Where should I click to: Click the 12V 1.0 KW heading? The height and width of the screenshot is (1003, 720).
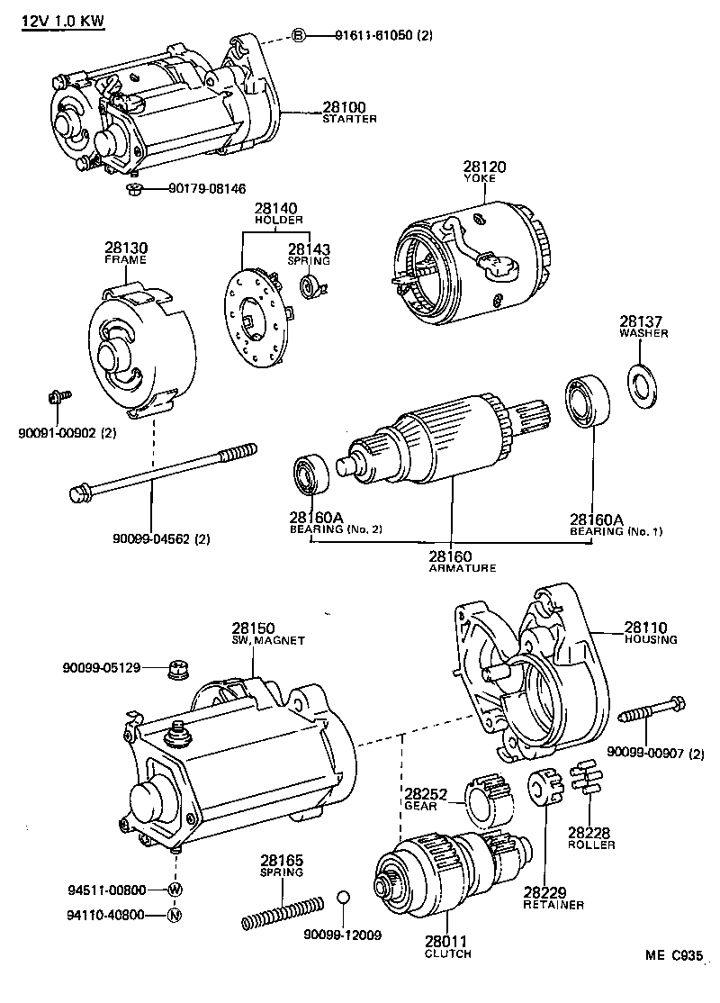point(63,21)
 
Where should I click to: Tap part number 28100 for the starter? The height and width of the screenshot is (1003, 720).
point(344,107)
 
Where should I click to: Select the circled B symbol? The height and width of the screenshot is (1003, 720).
point(300,35)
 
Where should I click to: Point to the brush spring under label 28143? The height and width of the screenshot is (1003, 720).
point(313,285)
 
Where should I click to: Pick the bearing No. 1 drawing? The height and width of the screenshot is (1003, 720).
point(587,403)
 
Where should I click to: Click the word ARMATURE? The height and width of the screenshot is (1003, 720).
point(463,567)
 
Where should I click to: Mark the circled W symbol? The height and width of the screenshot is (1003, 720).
point(175,890)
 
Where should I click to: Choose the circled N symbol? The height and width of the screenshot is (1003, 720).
point(174,915)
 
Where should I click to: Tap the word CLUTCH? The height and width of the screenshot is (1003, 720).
point(447,953)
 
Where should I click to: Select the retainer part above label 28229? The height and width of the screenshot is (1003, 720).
point(544,788)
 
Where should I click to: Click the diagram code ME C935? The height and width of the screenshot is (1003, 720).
point(673,955)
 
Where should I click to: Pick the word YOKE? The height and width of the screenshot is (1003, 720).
point(481,178)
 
